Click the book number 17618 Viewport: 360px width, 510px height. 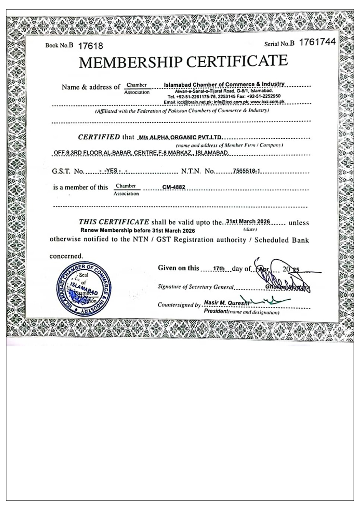90,46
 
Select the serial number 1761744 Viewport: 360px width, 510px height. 317,42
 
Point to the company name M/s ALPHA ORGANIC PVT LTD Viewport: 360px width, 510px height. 181,137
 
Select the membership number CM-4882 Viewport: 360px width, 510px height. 174,187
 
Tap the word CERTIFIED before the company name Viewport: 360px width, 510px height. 99,137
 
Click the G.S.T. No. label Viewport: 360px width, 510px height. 68,171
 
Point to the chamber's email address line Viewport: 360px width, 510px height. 224,102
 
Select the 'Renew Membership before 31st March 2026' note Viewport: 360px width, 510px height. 138,230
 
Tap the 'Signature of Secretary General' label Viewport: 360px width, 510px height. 195,287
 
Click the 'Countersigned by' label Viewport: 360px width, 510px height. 179,305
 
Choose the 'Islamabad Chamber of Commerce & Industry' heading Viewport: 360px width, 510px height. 224,85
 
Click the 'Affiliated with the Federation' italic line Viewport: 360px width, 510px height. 182,111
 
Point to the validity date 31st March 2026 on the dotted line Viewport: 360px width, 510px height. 248,221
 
